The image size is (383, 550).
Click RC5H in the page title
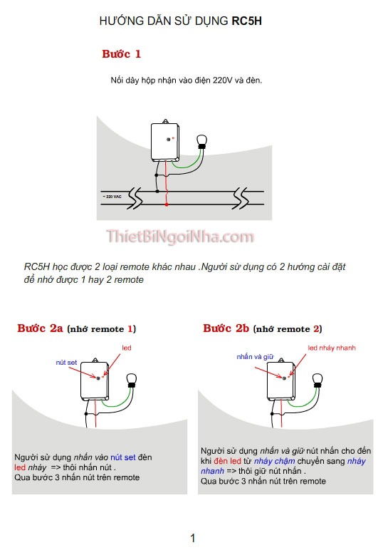247,22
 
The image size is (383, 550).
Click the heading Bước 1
121,54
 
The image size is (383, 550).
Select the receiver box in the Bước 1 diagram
164,142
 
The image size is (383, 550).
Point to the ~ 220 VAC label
113,194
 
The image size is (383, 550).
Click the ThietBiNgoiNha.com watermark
180,237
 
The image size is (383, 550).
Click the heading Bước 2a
40,328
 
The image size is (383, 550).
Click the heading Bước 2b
226,328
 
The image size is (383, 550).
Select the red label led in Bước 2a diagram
127,348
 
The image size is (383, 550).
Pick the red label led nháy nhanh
331,348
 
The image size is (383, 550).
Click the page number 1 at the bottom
192,538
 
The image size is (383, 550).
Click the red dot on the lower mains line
167,205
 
